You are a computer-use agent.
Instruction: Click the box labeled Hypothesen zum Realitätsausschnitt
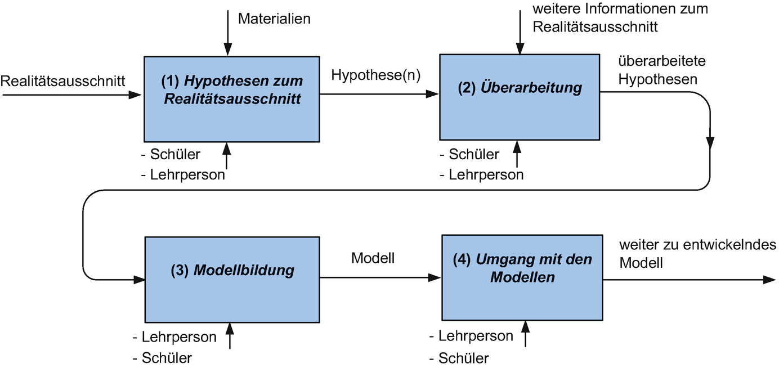(232, 98)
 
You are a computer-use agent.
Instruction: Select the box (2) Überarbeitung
(519, 96)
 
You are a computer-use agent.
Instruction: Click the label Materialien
(274, 19)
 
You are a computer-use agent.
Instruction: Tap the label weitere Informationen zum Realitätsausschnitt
(620, 17)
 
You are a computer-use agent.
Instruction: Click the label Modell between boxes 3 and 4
(373, 258)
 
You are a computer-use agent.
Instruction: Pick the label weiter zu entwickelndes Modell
(697, 254)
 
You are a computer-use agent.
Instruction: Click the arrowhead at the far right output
(769, 280)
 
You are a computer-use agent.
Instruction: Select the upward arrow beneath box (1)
(227, 156)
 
